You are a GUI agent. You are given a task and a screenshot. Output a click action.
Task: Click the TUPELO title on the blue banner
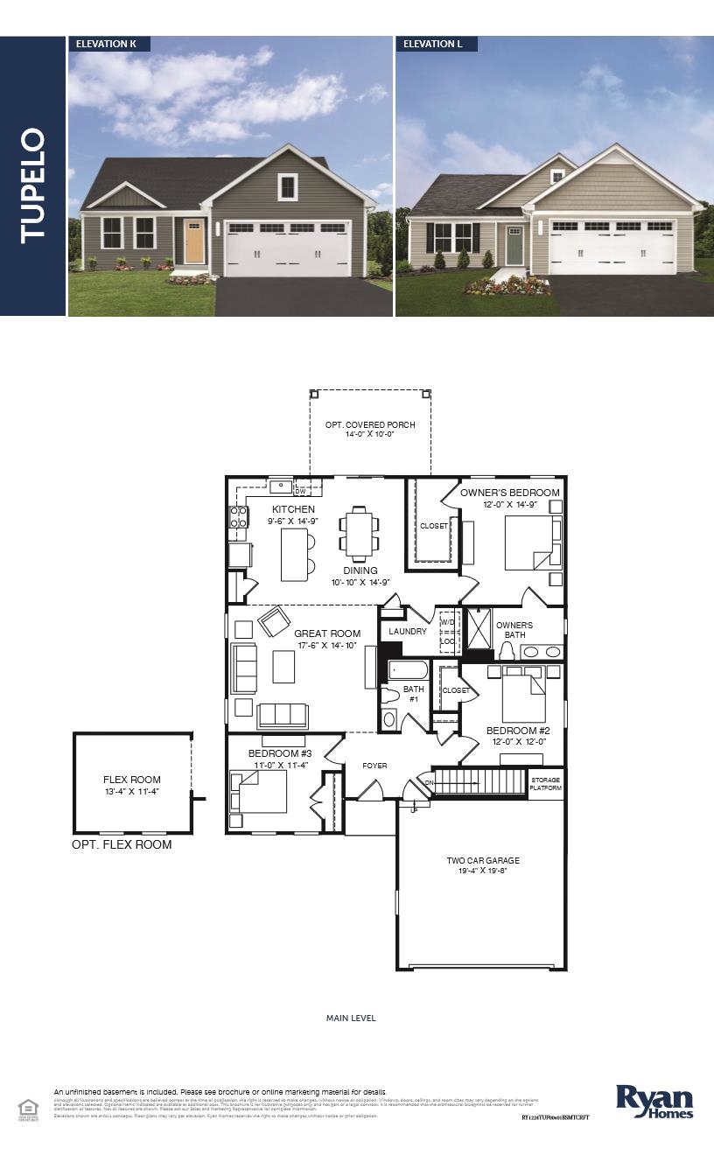(x=32, y=185)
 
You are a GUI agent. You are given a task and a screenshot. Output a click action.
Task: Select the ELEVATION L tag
(x=429, y=44)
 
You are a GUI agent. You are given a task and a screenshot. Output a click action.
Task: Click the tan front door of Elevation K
(x=194, y=242)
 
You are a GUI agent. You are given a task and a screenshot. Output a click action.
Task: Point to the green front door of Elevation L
(x=514, y=244)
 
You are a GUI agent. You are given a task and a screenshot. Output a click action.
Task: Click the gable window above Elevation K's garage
(x=287, y=186)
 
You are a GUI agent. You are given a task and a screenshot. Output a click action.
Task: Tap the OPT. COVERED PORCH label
(x=370, y=425)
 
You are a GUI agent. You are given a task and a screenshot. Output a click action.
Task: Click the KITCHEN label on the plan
(x=293, y=509)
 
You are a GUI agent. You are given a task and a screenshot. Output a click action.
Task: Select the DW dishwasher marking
(x=300, y=492)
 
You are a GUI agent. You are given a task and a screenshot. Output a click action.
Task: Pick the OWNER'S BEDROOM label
(x=510, y=493)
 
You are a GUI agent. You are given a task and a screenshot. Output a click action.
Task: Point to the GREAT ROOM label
(x=327, y=633)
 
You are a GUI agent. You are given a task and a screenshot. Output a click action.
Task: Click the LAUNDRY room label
(x=408, y=631)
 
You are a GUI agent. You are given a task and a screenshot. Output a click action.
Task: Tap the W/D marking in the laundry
(x=448, y=622)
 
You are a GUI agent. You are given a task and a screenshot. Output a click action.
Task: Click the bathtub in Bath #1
(x=408, y=671)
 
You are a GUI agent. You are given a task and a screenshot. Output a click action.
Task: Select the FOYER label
(x=374, y=766)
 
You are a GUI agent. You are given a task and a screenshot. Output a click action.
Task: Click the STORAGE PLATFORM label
(x=545, y=783)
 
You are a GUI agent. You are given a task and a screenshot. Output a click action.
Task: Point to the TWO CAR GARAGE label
(x=482, y=861)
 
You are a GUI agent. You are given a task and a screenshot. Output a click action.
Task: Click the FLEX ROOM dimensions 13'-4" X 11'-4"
(x=132, y=792)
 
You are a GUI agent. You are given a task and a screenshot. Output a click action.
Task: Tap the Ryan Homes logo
(x=654, y=1102)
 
